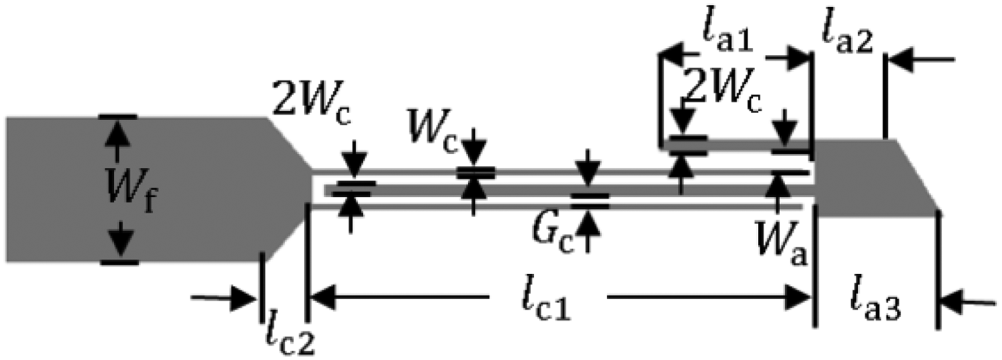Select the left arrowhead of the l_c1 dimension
[x=320, y=295]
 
